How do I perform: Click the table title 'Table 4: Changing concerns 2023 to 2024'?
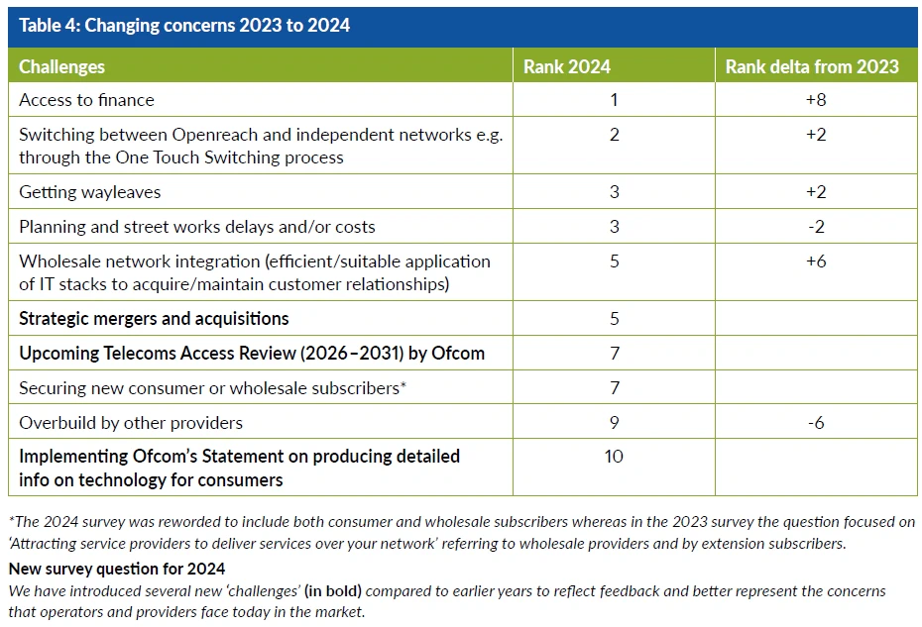click(x=184, y=26)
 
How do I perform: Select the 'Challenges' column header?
click(x=61, y=67)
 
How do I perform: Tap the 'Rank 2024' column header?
click(x=567, y=67)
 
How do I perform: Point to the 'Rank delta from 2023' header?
click(x=812, y=67)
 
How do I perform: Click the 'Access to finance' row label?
click(x=87, y=100)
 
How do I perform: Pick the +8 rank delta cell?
click(x=816, y=100)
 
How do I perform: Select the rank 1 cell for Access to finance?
click(x=614, y=100)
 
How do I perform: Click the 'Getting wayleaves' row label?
click(x=89, y=192)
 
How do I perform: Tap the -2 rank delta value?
click(x=816, y=227)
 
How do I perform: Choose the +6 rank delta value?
click(x=816, y=261)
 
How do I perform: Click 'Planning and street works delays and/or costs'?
click(x=197, y=227)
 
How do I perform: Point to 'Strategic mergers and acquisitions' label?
click(x=154, y=319)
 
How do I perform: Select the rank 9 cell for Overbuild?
click(x=614, y=423)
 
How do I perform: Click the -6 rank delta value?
click(x=816, y=423)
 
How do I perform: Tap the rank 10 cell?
click(x=614, y=457)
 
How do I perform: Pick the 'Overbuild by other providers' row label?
click(x=131, y=423)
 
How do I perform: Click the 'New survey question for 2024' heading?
click(x=117, y=569)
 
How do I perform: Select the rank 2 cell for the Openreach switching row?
click(x=614, y=135)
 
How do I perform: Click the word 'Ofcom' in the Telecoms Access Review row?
click(x=459, y=354)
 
